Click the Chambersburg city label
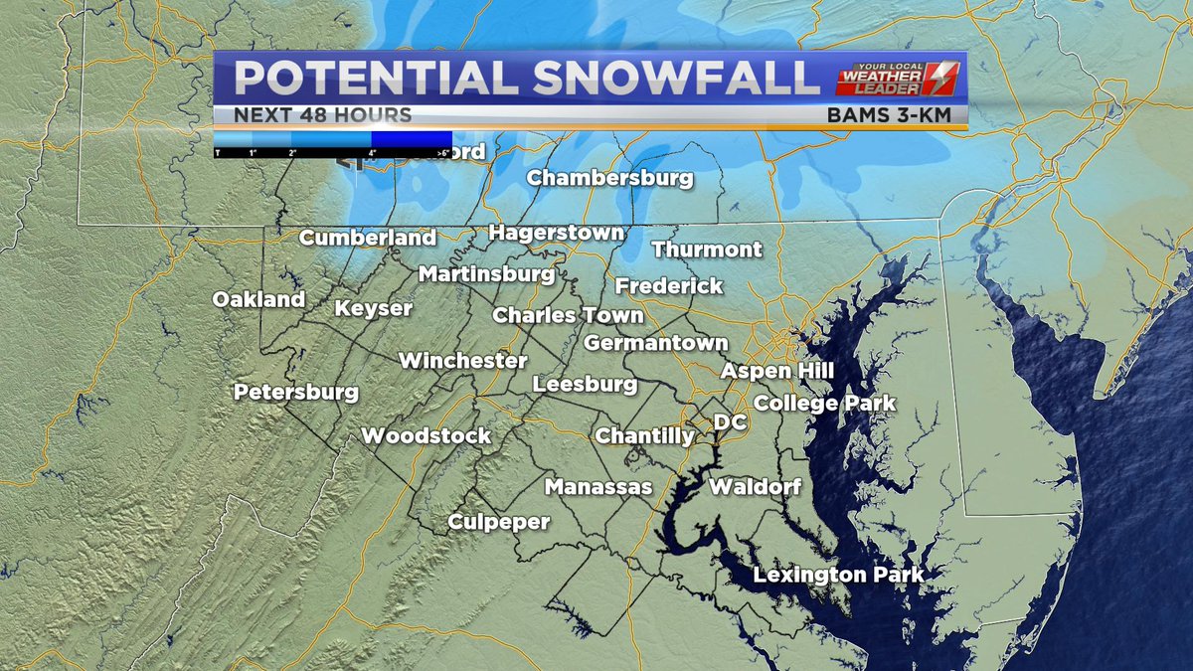click(609, 179)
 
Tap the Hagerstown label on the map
click(557, 234)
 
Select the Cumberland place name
click(368, 239)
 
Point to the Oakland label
click(258, 300)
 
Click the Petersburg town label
click(296, 393)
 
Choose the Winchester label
click(462, 361)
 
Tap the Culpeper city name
click(498, 522)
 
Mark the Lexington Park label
click(838, 575)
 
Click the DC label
click(730, 422)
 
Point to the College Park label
click(824, 404)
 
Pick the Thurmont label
click(707, 250)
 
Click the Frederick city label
click(669, 286)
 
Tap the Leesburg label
click(585, 384)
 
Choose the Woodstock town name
click(426, 436)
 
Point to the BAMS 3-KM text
click(896, 115)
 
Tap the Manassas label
click(597, 487)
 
